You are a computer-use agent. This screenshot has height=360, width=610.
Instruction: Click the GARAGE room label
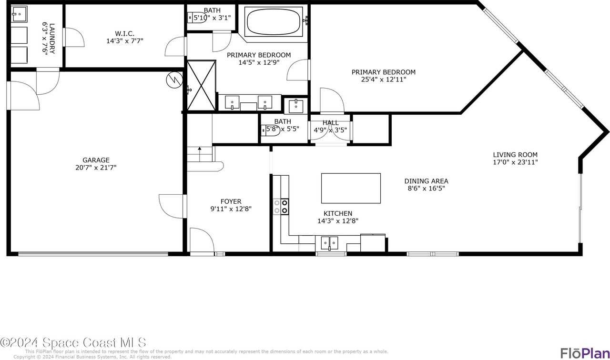coord(96,160)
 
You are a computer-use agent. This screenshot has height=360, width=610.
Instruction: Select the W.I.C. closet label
coord(124,33)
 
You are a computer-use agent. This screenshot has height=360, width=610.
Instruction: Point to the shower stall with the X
coord(201,86)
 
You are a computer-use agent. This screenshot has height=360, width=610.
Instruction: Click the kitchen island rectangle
coord(351,188)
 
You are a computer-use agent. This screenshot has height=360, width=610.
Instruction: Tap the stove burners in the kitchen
coord(280,206)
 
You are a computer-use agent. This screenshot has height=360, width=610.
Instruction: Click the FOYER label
coord(231,201)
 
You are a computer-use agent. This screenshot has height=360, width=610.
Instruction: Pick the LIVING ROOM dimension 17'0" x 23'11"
coord(515,162)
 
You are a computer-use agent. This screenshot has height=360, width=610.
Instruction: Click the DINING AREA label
coord(426,181)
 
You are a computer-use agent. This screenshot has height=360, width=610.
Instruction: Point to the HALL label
coord(330,123)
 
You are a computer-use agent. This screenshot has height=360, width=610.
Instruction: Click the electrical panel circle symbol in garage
coord(173,80)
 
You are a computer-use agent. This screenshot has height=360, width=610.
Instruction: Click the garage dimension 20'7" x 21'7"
coord(96,168)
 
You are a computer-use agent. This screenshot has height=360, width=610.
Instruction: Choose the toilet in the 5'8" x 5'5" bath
coord(266,129)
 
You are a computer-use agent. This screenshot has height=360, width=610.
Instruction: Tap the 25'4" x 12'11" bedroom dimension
coord(383,80)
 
